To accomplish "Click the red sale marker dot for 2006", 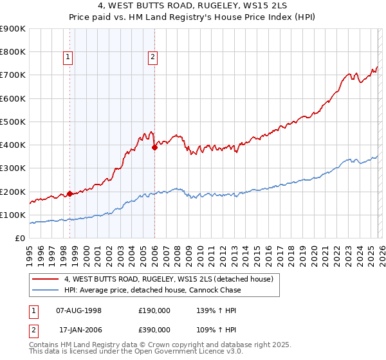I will pos(154,147).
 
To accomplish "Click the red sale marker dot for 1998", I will pos(69,194).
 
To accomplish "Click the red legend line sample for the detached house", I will pos(46,279).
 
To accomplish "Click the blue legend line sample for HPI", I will pos(46,290).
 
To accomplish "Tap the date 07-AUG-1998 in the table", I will pos(79,310).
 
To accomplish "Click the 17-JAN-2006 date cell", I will pos(79,330).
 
